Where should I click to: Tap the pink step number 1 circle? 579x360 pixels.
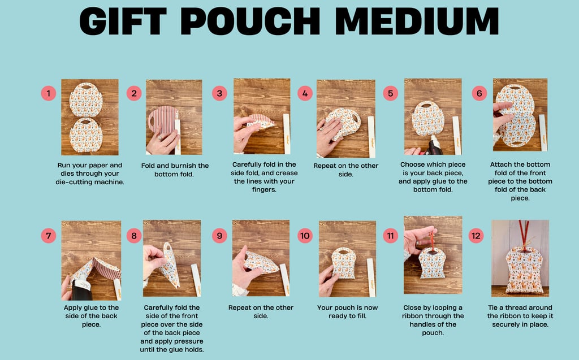tap(49, 93)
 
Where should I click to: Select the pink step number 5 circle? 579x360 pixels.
tap(390, 93)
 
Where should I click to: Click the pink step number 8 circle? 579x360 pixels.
tap(133, 235)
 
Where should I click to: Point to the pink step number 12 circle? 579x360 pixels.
tap(476, 235)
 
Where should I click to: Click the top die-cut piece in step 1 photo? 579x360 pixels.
tap(86, 100)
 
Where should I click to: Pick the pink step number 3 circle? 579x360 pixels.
tap(219, 93)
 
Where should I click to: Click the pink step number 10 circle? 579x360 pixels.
tap(305, 235)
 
